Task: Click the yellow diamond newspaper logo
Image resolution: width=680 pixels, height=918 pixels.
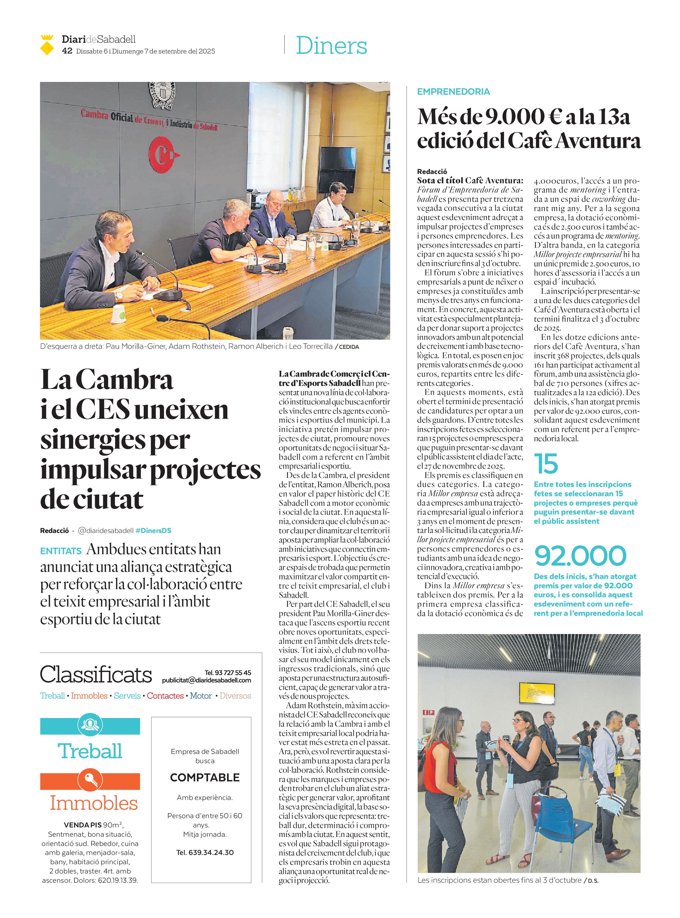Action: pyautogui.click(x=47, y=45)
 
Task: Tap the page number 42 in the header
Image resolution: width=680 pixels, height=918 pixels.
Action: pyautogui.click(x=67, y=51)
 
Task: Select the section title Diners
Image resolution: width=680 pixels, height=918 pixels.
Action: pyautogui.click(x=331, y=45)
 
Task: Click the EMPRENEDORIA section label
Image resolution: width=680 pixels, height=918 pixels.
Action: pyautogui.click(x=453, y=92)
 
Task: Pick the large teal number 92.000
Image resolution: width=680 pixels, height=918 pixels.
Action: pyautogui.click(x=581, y=556)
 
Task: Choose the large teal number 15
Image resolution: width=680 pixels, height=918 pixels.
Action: pyautogui.click(x=546, y=463)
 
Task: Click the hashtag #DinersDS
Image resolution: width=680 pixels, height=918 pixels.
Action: pyautogui.click(x=153, y=531)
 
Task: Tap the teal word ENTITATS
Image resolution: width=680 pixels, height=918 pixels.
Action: pyautogui.click(x=61, y=551)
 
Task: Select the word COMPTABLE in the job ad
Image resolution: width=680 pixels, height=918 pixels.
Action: pyautogui.click(x=205, y=778)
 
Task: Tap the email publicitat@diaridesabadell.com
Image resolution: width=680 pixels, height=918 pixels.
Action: pyautogui.click(x=206, y=680)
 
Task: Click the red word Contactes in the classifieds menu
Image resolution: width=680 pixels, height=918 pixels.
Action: pyautogui.click(x=165, y=696)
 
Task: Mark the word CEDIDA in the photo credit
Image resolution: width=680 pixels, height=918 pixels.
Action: pyautogui.click(x=349, y=347)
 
